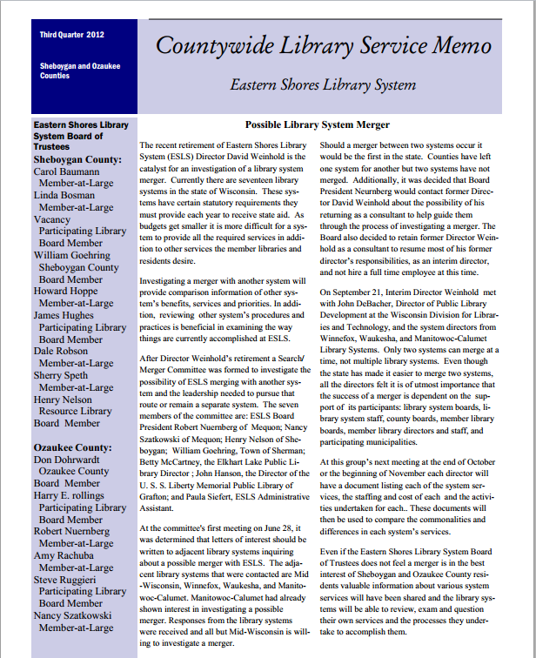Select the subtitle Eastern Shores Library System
(323, 85)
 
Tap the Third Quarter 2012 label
(71, 35)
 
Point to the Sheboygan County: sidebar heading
(72, 160)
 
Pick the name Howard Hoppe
(66, 292)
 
